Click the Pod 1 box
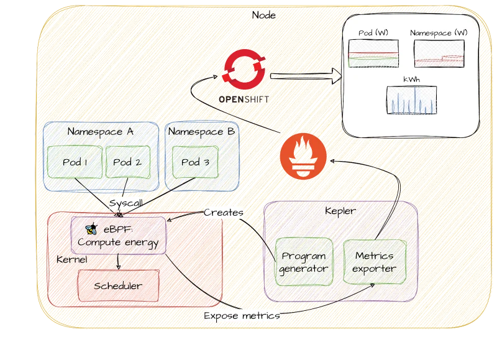(75, 162)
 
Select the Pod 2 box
(127, 162)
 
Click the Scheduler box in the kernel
(118, 286)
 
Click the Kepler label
(340, 211)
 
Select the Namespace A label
(100, 132)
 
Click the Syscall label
(126, 204)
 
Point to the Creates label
(224, 213)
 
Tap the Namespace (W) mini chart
(438, 53)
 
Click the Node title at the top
(264, 15)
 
